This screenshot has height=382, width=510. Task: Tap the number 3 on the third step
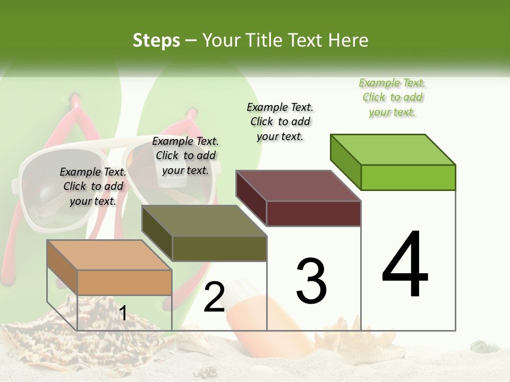[311, 281]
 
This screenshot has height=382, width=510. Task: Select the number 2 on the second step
[215, 297]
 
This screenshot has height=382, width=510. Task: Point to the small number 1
[123, 314]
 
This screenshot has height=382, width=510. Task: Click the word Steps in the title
[156, 40]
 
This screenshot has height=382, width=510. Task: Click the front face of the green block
[408, 177]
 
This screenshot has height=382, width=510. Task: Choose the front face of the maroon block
[313, 213]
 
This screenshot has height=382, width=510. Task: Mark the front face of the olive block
[219, 248]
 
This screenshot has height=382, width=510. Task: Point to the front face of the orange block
[124, 282]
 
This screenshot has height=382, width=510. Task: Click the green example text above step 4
[393, 97]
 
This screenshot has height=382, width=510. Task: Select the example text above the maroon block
[280, 121]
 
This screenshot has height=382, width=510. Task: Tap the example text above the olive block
[185, 155]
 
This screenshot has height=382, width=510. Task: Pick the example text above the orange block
[93, 186]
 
